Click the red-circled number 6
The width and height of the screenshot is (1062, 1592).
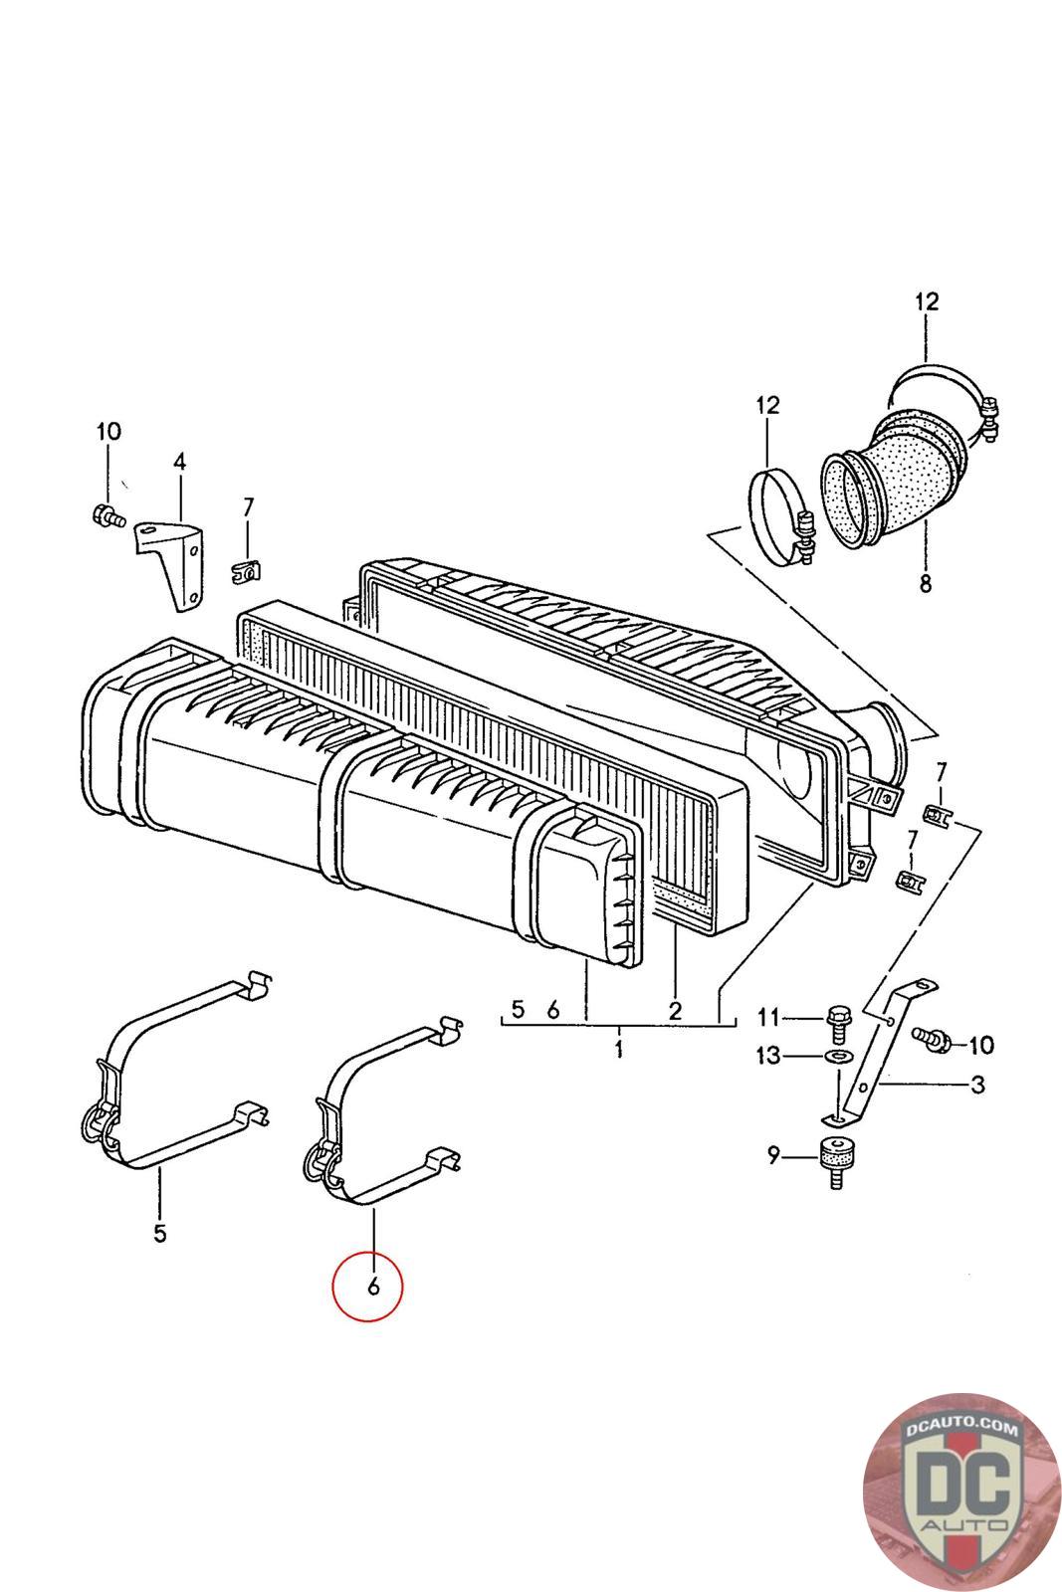click(x=373, y=1287)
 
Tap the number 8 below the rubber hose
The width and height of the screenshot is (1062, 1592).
click(x=926, y=585)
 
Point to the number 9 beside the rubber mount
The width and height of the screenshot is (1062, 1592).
click(x=773, y=1155)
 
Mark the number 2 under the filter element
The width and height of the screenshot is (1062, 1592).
click(x=675, y=1011)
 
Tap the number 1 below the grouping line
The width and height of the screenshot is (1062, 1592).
click(x=618, y=1049)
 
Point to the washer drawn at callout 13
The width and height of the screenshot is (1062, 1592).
click(x=839, y=1055)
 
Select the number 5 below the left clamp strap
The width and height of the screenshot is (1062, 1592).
click(x=160, y=1234)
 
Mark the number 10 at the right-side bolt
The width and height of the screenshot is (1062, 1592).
click(x=979, y=1045)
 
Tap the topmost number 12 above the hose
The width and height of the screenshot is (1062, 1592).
click(x=926, y=300)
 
